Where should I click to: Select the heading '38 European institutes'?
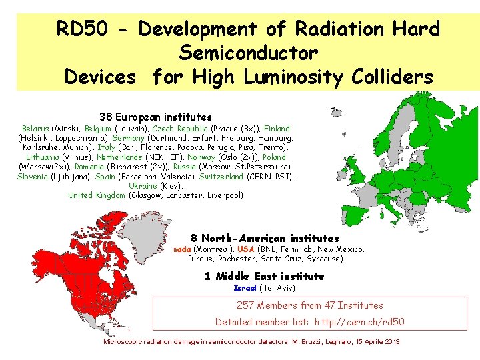(x=155, y=117)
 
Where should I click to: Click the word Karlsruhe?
(x=41, y=147)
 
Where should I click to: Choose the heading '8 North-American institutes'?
(x=265, y=238)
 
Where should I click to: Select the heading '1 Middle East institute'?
(x=265, y=276)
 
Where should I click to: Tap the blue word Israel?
(x=245, y=287)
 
